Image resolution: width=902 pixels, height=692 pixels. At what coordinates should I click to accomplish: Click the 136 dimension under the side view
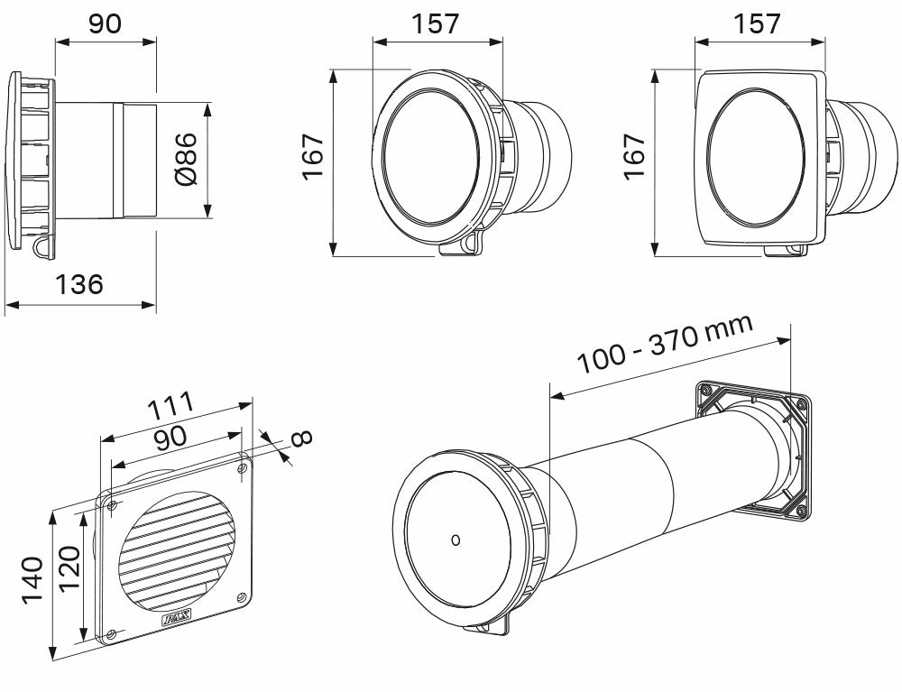[x=79, y=285]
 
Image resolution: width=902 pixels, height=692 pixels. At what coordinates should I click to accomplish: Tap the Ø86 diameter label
[x=186, y=161]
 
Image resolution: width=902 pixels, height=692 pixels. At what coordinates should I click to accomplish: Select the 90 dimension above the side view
[x=105, y=23]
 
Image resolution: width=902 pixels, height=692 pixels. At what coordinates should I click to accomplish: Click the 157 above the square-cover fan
[x=758, y=23]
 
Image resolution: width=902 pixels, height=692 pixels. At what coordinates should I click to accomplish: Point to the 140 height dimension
[x=32, y=583]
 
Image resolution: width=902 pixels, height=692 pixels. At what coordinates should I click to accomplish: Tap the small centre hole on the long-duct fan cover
[x=456, y=540]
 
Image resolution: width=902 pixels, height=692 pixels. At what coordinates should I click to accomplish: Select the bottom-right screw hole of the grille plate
[x=241, y=596]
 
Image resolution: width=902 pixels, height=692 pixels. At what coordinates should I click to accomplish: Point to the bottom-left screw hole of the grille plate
[x=110, y=634]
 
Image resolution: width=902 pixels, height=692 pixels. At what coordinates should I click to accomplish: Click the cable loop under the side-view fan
[x=41, y=245]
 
